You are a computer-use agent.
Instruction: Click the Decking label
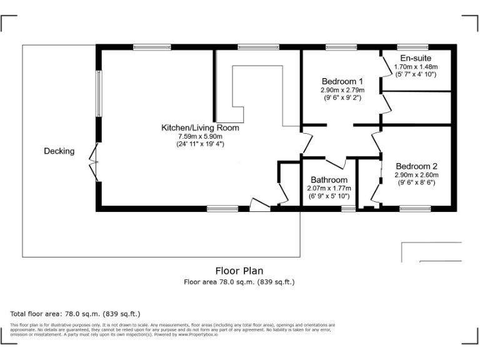pyautogui.click(x=59, y=151)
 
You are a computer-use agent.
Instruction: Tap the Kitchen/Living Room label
pyautogui.click(x=200, y=127)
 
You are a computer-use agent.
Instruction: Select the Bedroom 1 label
pyautogui.click(x=342, y=81)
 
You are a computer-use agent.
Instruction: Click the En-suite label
pyautogui.click(x=416, y=58)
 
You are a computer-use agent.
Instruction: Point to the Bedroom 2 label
pyautogui.click(x=416, y=166)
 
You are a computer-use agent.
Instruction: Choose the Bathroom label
pyautogui.click(x=329, y=180)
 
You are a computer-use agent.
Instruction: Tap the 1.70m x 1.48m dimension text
pyautogui.click(x=416, y=66)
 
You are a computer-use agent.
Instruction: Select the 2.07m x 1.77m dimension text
pyautogui.click(x=329, y=188)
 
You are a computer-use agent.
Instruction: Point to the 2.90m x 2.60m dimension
pyautogui.click(x=416, y=175)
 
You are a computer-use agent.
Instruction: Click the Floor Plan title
pyautogui.click(x=239, y=271)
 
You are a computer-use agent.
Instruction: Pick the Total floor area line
pyautogui.click(x=76, y=314)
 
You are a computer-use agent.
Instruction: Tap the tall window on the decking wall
pyautogui.click(x=98, y=93)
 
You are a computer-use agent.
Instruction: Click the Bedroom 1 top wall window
pyautogui.click(x=341, y=47)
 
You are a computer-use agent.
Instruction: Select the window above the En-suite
pyautogui.click(x=412, y=47)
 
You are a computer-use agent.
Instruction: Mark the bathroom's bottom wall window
pyautogui.click(x=348, y=209)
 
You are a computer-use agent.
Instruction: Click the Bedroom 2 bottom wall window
pyautogui.click(x=410, y=209)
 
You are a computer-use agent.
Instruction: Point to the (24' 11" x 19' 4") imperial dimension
pyautogui.click(x=200, y=144)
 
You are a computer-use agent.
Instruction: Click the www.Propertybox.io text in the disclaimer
pyautogui.click(x=199, y=334)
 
